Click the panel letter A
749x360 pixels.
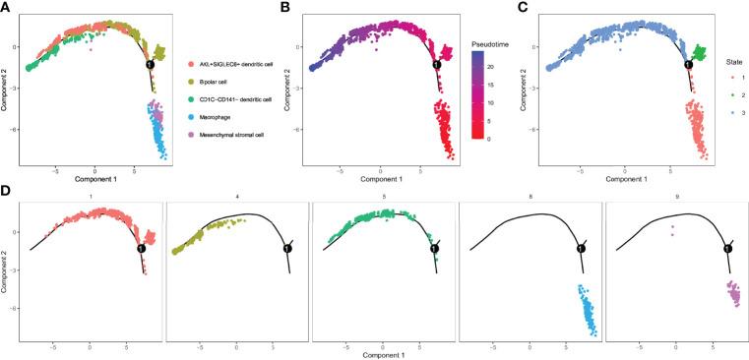pyautogui.click(x=6, y=7)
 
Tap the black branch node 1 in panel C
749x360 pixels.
pyautogui.click(x=688, y=64)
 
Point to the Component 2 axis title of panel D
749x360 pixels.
pyautogui.click(x=7, y=271)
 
